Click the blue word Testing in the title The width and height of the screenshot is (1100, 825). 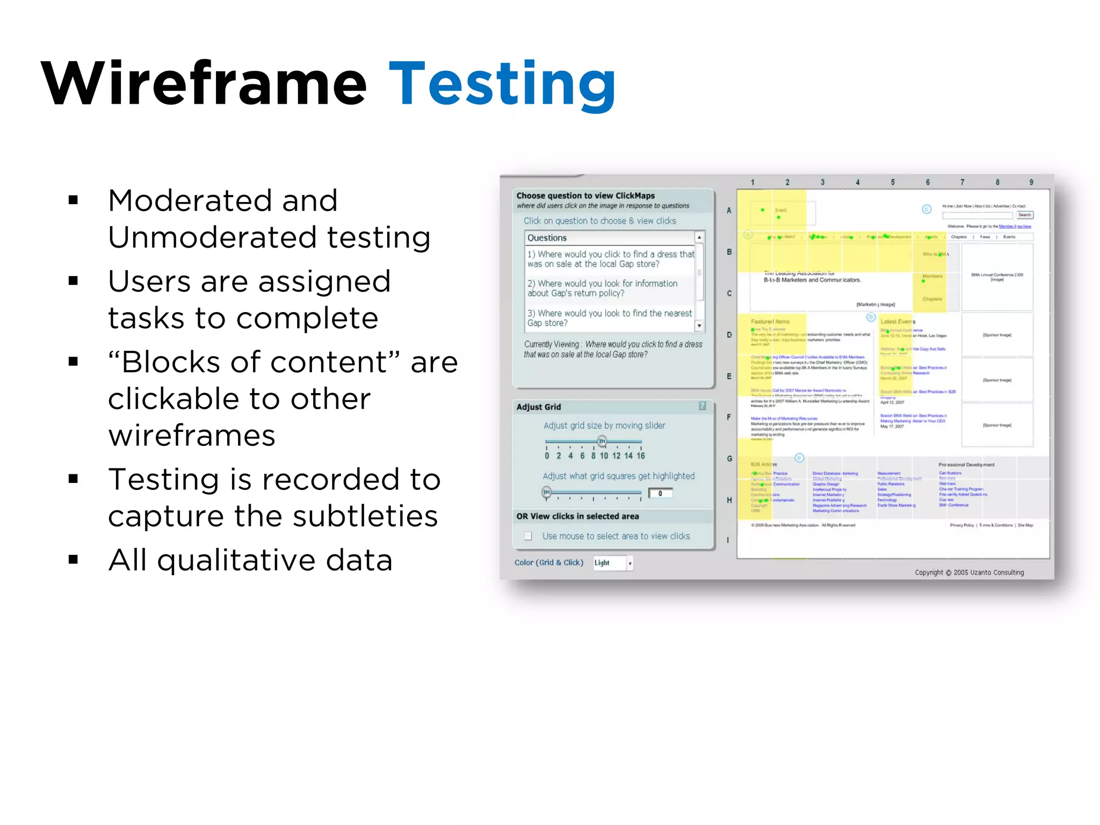pyautogui.click(x=502, y=84)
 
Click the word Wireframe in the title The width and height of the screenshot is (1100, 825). pyautogui.click(x=204, y=84)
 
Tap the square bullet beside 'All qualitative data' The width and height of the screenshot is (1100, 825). pyautogui.click(x=74, y=560)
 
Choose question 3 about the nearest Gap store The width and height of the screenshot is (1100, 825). pyautogui.click(x=609, y=318)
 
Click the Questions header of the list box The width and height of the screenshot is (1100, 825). pyautogui.click(x=547, y=237)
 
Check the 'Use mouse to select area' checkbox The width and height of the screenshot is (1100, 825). pyautogui.click(x=529, y=536)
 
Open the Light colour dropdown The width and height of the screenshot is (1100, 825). pyautogui.click(x=630, y=563)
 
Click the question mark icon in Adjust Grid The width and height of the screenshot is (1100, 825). pyautogui.click(x=702, y=406)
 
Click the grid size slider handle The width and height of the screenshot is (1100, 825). pyautogui.click(x=602, y=442)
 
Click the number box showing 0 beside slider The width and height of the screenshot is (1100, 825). pyautogui.click(x=660, y=493)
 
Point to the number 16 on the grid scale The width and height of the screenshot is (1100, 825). pyautogui.click(x=640, y=455)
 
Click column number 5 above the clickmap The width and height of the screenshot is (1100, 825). pyautogui.click(x=893, y=182)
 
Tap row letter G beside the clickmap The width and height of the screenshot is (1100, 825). pyautogui.click(x=729, y=459)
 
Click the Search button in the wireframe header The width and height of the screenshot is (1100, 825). pyautogui.click(x=1024, y=215)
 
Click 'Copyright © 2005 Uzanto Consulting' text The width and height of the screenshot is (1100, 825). pyautogui.click(x=969, y=573)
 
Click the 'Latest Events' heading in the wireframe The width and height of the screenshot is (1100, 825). pyautogui.click(x=897, y=321)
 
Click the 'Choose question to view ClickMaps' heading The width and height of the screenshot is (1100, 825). pyautogui.click(x=585, y=196)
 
